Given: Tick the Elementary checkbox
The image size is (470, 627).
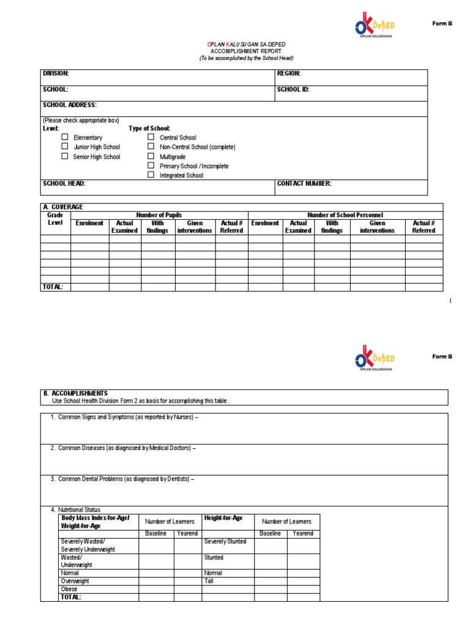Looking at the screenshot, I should point(64,137).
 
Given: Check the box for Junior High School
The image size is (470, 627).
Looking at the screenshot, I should point(64,146).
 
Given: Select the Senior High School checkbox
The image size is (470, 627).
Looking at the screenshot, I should point(64,156).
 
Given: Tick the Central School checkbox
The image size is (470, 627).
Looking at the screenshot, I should point(151,137).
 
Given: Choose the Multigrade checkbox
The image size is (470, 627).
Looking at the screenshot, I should point(151,156).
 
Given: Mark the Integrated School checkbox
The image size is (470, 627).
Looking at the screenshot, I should point(151,175).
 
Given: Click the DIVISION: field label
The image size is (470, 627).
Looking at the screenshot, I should point(56,73).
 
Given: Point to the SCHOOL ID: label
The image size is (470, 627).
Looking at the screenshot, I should point(293,89).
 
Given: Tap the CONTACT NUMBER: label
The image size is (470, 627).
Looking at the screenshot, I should point(304,183).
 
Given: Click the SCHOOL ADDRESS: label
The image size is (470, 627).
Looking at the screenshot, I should point(69,105).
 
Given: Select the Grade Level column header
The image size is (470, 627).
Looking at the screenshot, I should point(56,219).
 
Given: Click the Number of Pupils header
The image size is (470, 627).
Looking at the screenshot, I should point(159,215).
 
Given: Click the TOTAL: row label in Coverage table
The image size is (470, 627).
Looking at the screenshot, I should point(53,287).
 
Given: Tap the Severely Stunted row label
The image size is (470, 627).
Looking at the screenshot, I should point(225,541).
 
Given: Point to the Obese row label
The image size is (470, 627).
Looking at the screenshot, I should point(69,588).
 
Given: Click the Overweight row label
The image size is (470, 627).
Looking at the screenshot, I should point(75,580).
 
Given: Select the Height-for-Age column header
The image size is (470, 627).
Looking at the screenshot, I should point(223,518).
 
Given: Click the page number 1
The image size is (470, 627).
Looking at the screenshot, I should point(450,301).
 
